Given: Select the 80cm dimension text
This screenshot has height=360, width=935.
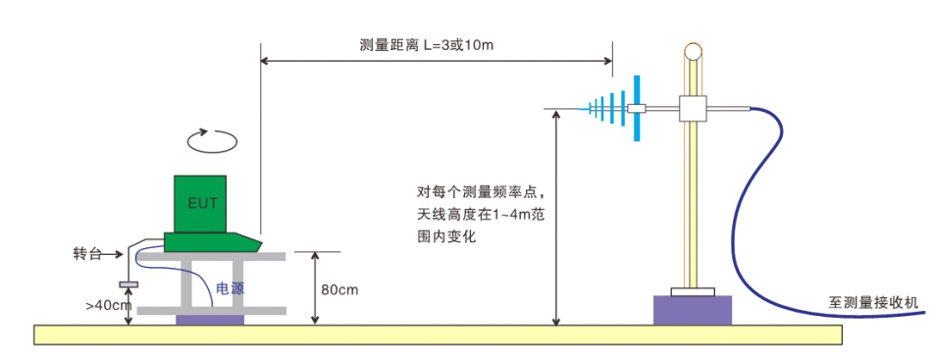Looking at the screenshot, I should [x=339, y=290].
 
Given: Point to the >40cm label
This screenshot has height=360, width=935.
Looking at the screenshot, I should [x=108, y=305].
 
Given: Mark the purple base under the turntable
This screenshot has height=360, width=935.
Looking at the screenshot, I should [x=209, y=320].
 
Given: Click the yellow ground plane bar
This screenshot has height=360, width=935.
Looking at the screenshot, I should [x=438, y=334].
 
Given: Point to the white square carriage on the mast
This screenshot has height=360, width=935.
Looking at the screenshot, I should [x=694, y=108].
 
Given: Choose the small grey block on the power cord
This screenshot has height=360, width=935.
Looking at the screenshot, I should [x=128, y=284].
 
